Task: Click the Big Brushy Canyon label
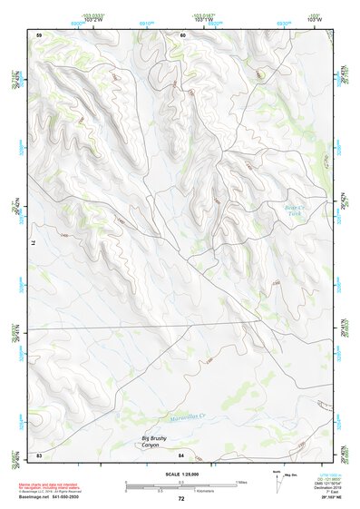pos(156,441)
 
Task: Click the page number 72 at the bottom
pos(180,499)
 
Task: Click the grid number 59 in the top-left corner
pos(40,34)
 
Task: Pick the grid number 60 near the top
pos(182,34)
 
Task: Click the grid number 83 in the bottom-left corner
pos(40,455)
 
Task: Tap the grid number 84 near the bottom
pos(181,455)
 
